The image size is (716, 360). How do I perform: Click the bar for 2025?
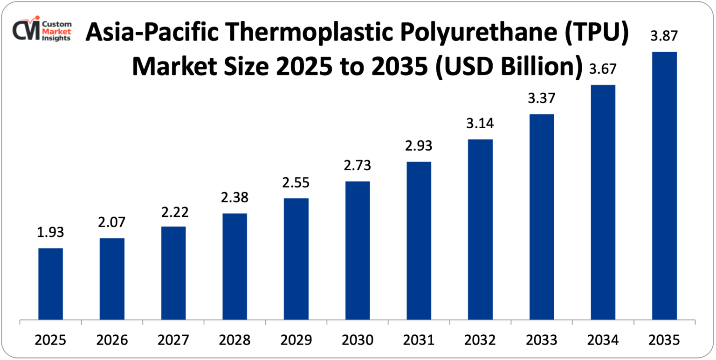(50, 284)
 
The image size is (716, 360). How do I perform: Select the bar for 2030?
(358, 250)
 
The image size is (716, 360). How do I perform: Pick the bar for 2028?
(234, 267)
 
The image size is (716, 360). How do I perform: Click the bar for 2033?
(542, 217)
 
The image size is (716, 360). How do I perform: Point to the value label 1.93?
(50, 232)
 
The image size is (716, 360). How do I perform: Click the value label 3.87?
(664, 35)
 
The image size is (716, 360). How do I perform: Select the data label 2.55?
(296, 182)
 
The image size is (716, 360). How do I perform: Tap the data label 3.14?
(480, 124)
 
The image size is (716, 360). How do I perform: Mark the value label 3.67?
(603, 69)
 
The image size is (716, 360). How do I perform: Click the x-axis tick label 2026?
(112, 340)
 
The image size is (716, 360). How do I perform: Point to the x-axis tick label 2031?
(419, 340)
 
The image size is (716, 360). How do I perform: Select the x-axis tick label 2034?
(603, 340)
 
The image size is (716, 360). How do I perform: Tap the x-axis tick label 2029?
(296, 340)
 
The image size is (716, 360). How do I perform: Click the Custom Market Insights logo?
(42, 29)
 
